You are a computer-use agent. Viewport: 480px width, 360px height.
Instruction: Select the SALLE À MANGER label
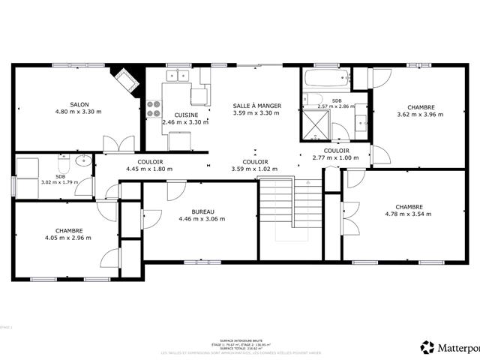click(x=256, y=106)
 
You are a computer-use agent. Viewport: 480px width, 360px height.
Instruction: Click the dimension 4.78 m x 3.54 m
click(x=409, y=214)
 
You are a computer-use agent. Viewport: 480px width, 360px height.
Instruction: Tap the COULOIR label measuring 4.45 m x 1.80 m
click(x=150, y=169)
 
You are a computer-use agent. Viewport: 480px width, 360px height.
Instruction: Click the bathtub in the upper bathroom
click(x=325, y=78)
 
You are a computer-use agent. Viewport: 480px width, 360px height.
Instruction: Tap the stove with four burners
click(x=154, y=109)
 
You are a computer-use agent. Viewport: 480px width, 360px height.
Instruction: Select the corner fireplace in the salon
click(x=126, y=79)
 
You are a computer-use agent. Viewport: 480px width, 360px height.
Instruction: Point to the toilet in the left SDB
click(x=64, y=162)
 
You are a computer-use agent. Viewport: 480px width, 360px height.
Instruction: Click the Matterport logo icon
click(x=427, y=347)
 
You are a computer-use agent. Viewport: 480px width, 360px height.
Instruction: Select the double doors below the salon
click(x=118, y=143)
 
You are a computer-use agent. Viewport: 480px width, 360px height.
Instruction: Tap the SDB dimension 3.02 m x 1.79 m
click(x=58, y=182)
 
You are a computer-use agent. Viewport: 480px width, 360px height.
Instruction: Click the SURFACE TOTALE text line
click(x=240, y=348)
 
